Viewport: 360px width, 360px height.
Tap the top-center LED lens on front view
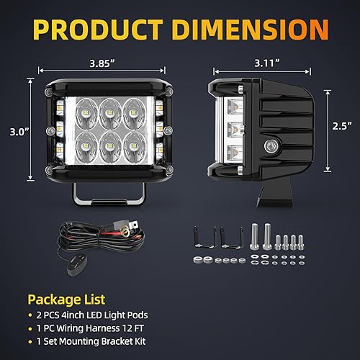tap(108, 107)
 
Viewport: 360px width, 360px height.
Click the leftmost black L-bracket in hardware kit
tap(201, 238)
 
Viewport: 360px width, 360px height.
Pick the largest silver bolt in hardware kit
tap(255, 238)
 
